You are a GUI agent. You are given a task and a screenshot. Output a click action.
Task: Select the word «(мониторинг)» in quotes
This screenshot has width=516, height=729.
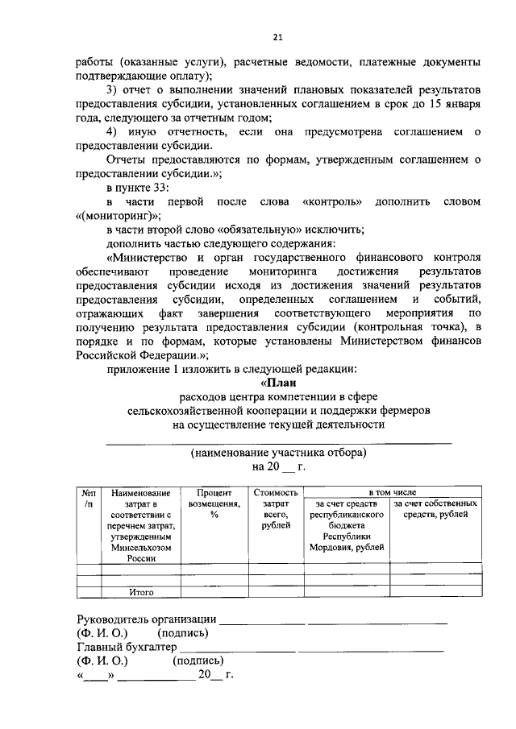tap(118, 215)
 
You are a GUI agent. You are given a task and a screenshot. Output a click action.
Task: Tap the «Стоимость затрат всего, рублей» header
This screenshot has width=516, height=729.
tap(275, 509)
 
